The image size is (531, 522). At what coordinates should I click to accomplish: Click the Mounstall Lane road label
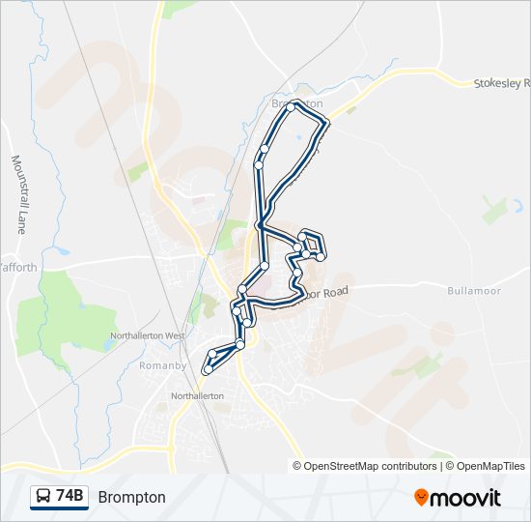pyautogui.click(x=17, y=194)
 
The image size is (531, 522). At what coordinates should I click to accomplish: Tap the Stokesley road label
pyautogui.click(x=501, y=84)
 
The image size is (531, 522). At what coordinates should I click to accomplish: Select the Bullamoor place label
pyautogui.click(x=471, y=290)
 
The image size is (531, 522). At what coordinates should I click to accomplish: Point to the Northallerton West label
pyautogui.click(x=148, y=335)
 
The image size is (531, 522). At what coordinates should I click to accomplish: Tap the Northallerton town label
pyautogui.click(x=197, y=396)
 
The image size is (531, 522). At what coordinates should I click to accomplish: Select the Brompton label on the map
pyautogui.click(x=297, y=103)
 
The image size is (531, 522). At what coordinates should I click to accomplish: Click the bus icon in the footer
pyautogui.click(x=44, y=497)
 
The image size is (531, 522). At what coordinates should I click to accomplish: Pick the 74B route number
pyautogui.click(x=70, y=497)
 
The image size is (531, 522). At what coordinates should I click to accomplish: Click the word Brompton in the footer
pyautogui.click(x=131, y=497)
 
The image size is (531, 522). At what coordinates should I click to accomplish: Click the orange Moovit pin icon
pyautogui.click(x=422, y=497)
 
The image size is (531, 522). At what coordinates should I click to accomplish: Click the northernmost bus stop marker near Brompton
pyautogui.click(x=291, y=106)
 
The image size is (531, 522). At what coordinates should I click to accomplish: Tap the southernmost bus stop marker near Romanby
pyautogui.click(x=207, y=369)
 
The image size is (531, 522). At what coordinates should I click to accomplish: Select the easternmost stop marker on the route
pyautogui.click(x=321, y=257)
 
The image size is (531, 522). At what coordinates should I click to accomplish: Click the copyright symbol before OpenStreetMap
pyautogui.click(x=297, y=466)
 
